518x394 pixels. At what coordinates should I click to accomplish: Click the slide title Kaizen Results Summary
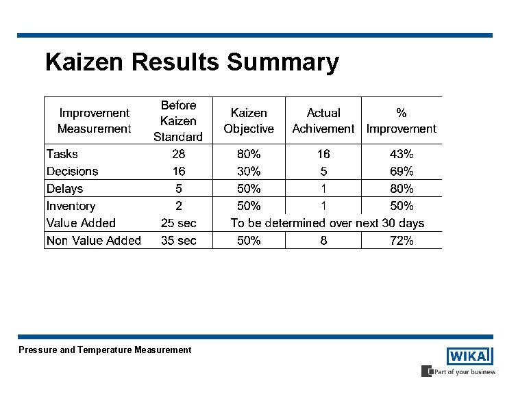(x=192, y=62)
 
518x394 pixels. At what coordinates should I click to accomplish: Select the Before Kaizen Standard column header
(x=178, y=121)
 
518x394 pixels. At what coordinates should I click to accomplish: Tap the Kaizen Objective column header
(x=249, y=121)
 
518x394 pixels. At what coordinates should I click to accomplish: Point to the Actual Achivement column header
(x=323, y=121)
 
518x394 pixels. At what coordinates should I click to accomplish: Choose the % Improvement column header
(x=402, y=121)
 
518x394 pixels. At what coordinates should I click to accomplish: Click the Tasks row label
(x=62, y=154)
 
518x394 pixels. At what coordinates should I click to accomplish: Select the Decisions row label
(x=72, y=171)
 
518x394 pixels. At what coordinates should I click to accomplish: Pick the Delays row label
(x=64, y=189)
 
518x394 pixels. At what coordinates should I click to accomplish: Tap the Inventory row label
(x=71, y=206)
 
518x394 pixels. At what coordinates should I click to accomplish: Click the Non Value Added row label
(x=94, y=240)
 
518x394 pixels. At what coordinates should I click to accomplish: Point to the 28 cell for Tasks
(x=178, y=154)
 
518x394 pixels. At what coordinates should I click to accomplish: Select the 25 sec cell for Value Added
(x=178, y=223)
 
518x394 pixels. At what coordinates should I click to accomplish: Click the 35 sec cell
(x=178, y=240)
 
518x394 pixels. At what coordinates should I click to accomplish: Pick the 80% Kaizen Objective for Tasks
(x=249, y=154)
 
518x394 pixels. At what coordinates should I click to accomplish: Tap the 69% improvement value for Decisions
(x=402, y=171)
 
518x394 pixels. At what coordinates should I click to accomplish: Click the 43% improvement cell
(x=402, y=154)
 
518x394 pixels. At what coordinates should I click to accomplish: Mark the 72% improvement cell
(x=402, y=240)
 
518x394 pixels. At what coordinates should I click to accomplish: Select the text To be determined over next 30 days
(x=328, y=223)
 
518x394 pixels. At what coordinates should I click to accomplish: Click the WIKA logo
(x=469, y=356)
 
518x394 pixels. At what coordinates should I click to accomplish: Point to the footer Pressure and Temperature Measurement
(x=105, y=350)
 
